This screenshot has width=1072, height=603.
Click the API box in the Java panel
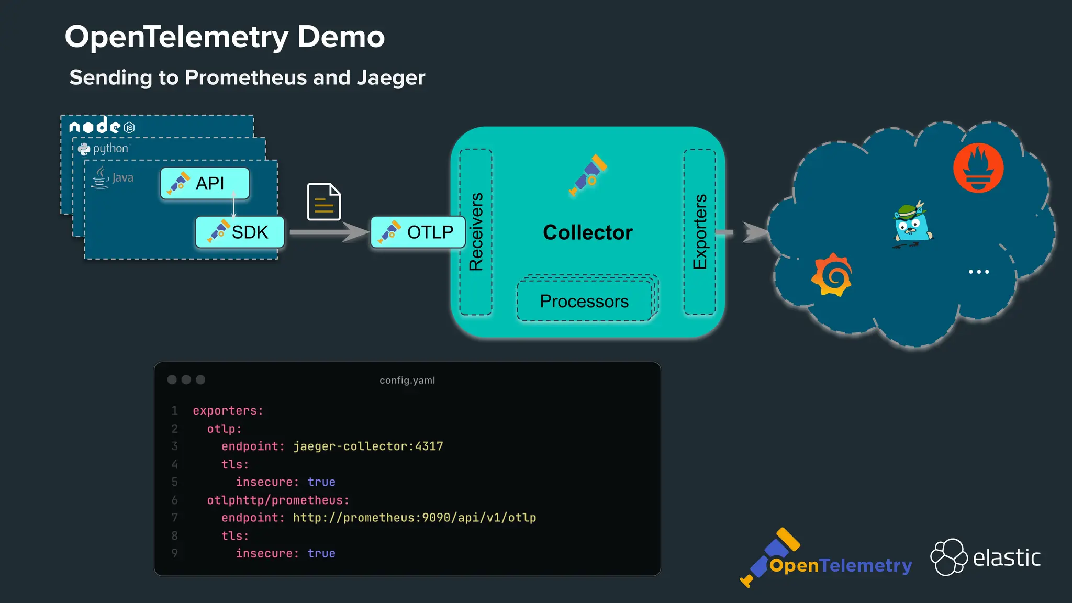click(205, 183)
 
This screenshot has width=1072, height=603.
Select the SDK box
click(240, 232)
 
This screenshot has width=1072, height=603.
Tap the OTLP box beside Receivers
click(418, 232)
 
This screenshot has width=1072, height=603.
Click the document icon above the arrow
click(323, 202)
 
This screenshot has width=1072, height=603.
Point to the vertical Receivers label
click(476, 232)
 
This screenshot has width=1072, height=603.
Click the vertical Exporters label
click(700, 232)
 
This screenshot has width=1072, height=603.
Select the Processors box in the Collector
click(584, 301)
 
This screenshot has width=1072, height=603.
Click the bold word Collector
click(588, 232)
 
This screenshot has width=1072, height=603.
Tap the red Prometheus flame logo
click(978, 168)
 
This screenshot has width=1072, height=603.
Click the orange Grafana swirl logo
click(832, 275)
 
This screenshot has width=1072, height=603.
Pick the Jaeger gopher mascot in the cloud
click(912, 224)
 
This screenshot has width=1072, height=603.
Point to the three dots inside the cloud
click(978, 272)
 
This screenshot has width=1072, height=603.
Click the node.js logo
click(102, 126)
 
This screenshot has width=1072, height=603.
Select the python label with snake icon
click(104, 149)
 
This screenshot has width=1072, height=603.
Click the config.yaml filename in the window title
click(407, 381)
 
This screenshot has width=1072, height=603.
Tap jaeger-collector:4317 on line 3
click(368, 446)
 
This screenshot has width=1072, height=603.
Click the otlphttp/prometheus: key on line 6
click(278, 500)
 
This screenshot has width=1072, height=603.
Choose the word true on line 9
click(321, 553)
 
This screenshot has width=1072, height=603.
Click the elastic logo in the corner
click(986, 557)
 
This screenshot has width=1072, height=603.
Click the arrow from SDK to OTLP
click(328, 232)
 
